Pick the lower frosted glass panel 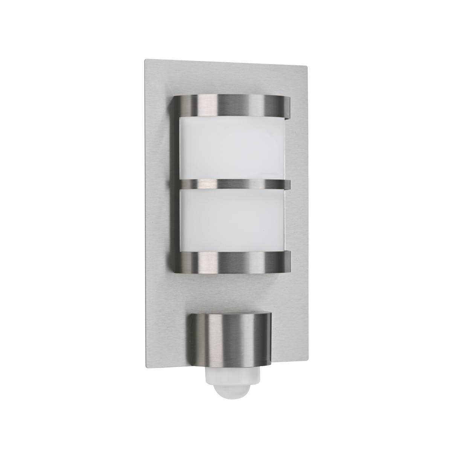232,220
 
